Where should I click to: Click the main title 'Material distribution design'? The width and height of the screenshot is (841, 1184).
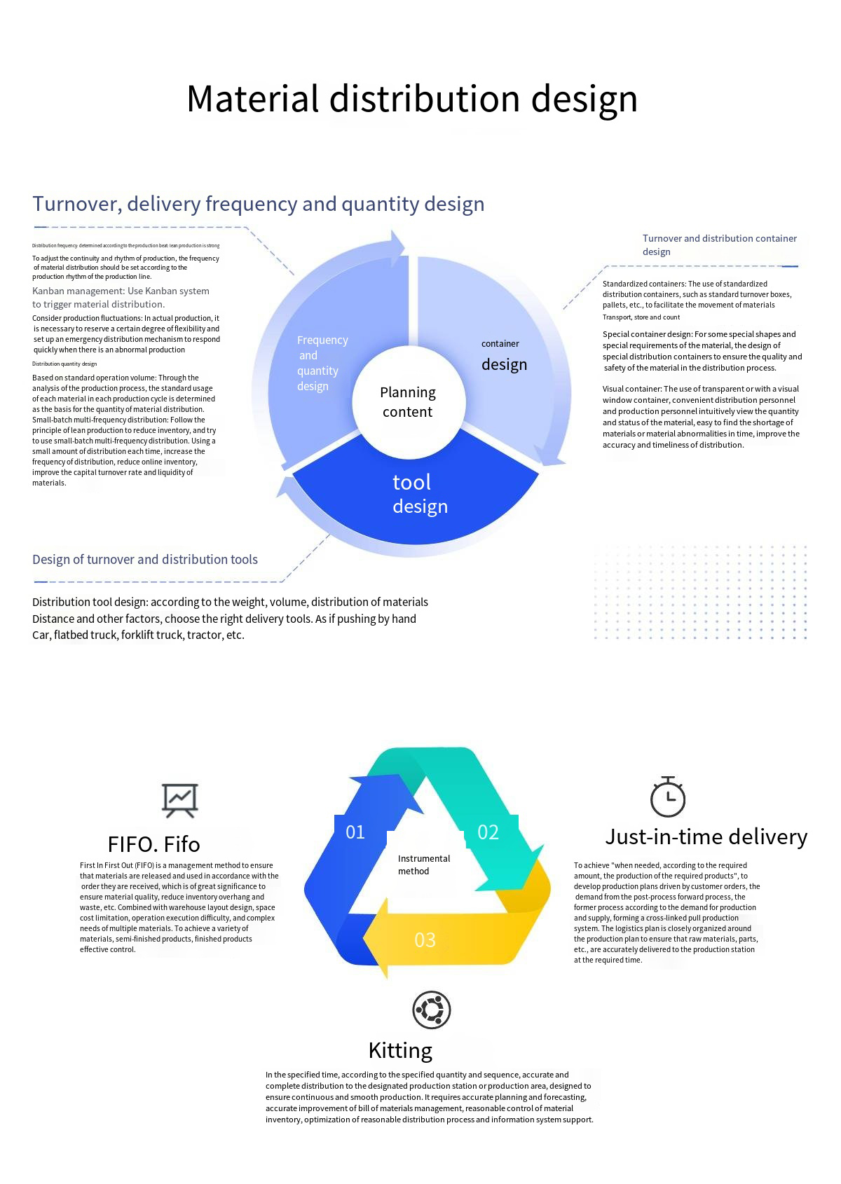click(x=412, y=99)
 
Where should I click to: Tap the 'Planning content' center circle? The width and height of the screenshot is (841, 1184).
click(x=408, y=402)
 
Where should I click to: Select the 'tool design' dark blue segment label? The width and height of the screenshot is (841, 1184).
click(x=419, y=494)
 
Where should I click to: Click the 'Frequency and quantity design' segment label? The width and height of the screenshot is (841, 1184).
click(x=321, y=363)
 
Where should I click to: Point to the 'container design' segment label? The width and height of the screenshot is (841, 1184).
click(x=503, y=356)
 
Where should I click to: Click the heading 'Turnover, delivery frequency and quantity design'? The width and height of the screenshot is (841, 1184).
click(x=258, y=204)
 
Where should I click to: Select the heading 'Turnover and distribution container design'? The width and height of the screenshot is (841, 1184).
click(x=719, y=245)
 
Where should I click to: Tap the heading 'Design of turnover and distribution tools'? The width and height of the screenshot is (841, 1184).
click(x=145, y=559)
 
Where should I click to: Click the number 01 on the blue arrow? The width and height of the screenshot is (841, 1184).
click(x=355, y=832)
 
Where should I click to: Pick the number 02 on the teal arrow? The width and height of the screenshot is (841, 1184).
click(x=488, y=832)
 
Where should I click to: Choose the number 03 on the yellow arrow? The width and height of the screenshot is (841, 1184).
click(x=425, y=939)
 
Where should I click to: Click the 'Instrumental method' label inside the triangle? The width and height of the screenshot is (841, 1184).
click(x=423, y=865)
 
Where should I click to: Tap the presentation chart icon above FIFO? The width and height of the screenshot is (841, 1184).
click(x=180, y=799)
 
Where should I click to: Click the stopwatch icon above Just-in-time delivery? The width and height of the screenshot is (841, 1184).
click(x=667, y=797)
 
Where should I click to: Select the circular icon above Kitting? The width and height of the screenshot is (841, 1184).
click(x=431, y=1010)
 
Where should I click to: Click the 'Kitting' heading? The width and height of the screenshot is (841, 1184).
click(x=400, y=1050)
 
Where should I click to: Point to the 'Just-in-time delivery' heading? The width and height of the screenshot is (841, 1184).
click(x=706, y=837)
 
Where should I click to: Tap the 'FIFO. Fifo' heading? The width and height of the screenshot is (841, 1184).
click(x=153, y=844)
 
